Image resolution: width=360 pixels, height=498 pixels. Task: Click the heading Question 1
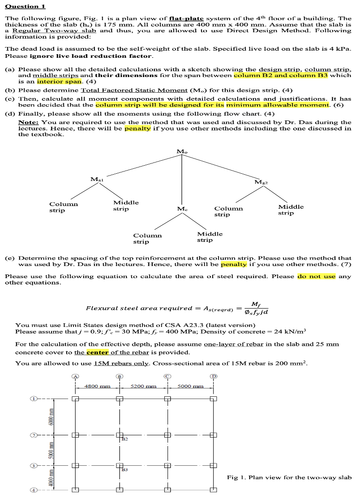(x=25, y=6)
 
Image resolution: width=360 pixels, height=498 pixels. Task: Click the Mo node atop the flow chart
(x=182, y=152)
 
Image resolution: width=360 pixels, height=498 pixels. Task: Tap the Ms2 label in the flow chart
(x=261, y=182)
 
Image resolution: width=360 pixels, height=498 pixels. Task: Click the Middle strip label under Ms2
(x=291, y=210)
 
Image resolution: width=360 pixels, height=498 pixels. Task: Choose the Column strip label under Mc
(x=147, y=238)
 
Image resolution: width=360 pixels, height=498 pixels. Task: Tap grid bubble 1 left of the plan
(x=33, y=398)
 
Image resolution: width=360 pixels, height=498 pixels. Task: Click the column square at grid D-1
(x=214, y=399)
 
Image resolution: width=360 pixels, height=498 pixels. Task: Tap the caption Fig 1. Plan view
(x=289, y=477)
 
